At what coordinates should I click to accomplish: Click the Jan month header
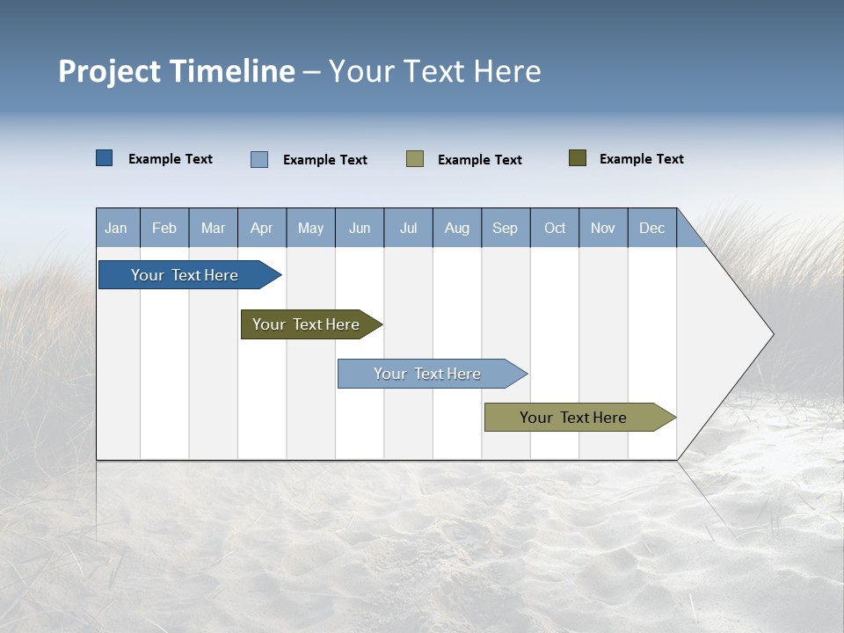pyautogui.click(x=117, y=228)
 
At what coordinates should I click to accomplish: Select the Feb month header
pyautogui.click(x=164, y=228)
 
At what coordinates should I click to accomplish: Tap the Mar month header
pyautogui.click(x=213, y=228)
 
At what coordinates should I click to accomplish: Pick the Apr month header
pyautogui.click(x=262, y=228)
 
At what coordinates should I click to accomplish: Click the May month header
pyautogui.click(x=310, y=228)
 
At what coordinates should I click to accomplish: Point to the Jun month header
pyautogui.click(x=360, y=228)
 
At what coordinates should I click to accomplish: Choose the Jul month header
pyautogui.click(x=408, y=228)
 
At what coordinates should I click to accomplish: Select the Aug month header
pyautogui.click(x=457, y=228)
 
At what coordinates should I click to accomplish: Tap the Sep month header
pyautogui.click(x=506, y=228)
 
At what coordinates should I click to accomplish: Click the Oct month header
pyautogui.click(x=555, y=228)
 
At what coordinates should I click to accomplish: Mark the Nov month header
pyautogui.click(x=603, y=228)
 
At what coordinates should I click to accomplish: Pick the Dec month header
pyautogui.click(x=652, y=228)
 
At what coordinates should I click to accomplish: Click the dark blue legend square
pyautogui.click(x=104, y=158)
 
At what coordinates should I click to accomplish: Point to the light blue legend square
pyautogui.click(x=259, y=159)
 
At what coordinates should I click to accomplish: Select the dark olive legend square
pyautogui.click(x=578, y=158)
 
